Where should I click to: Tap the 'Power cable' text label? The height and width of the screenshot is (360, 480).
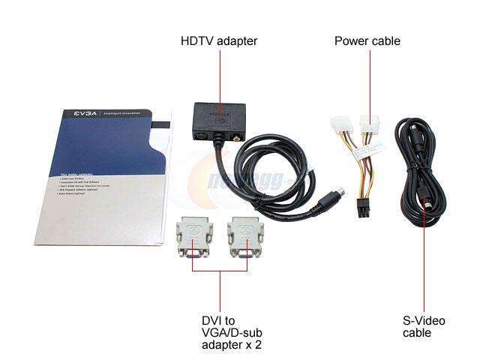point(367,40)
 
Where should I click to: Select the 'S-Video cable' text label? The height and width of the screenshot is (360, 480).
point(424,326)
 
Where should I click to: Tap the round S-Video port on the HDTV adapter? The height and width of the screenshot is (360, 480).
point(201,138)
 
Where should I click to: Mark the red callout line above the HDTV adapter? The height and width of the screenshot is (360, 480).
point(219,75)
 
